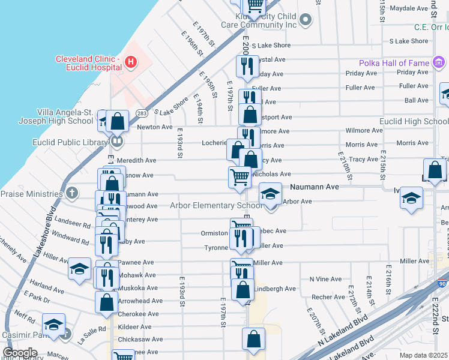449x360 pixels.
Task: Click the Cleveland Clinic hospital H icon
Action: pos(129,61)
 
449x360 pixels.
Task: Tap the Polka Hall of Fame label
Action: pos(394,63)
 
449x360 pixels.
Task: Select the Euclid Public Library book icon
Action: pos(116,142)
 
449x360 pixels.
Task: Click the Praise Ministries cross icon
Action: pos(72,193)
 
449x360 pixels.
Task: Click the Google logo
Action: pos(20,352)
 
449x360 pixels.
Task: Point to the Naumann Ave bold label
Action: pos(315,187)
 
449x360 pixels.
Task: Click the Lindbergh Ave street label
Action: pos(275,289)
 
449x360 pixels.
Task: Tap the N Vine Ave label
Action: pos(325,279)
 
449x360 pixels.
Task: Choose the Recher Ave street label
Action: pos(328,296)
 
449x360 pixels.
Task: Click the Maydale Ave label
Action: pos(408,8)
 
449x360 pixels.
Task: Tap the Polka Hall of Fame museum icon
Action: pos(439,62)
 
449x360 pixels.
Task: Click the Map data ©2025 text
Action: pos(424,355)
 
